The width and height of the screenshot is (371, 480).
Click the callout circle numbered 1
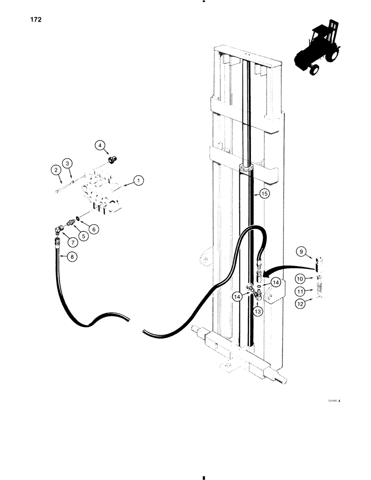coord(138,181)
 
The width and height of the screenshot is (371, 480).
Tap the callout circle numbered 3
coord(68,164)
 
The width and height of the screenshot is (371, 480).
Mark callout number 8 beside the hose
coord(72,257)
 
